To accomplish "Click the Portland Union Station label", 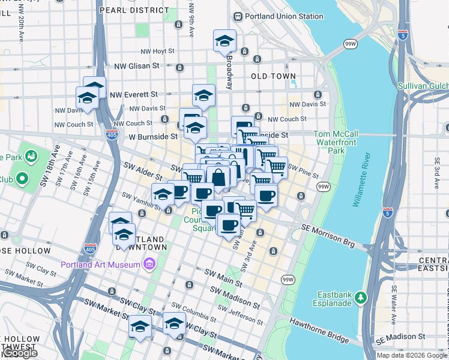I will [276, 16].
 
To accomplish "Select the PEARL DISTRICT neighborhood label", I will [134, 10].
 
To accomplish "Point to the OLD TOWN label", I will [273, 76].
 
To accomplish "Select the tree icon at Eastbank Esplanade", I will [360, 297].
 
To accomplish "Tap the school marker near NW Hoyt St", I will [224, 41].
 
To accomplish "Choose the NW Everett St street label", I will [133, 94].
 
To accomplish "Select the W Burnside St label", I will [149, 137].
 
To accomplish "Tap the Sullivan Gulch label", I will [423, 86].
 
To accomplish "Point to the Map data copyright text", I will [412, 355].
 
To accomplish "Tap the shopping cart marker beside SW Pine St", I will [276, 167].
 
